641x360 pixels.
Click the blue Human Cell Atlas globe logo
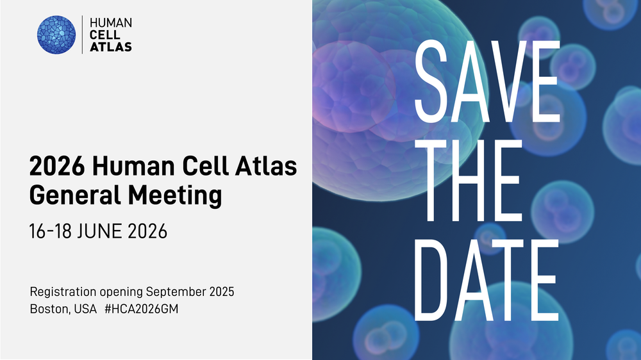pyautogui.click(x=56, y=35)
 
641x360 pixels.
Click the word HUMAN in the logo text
pyautogui.click(x=111, y=23)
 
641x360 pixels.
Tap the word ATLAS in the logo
pyautogui.click(x=111, y=47)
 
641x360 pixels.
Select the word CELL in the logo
pyautogui.click(x=104, y=35)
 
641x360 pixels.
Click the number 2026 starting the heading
pyautogui.click(x=57, y=167)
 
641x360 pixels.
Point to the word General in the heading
pyautogui.click(x=75, y=195)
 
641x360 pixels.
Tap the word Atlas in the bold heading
pyautogui.click(x=266, y=165)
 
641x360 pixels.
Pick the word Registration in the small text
pyautogui.click(x=63, y=292)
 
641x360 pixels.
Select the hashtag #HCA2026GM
pyautogui.click(x=142, y=309)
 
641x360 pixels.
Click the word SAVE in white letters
pyautogui.click(x=487, y=82)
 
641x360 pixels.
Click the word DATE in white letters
pyautogui.click(x=487, y=280)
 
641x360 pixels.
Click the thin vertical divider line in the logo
pyautogui.click(x=82, y=35)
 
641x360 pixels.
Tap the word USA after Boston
pyautogui.click(x=85, y=309)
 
